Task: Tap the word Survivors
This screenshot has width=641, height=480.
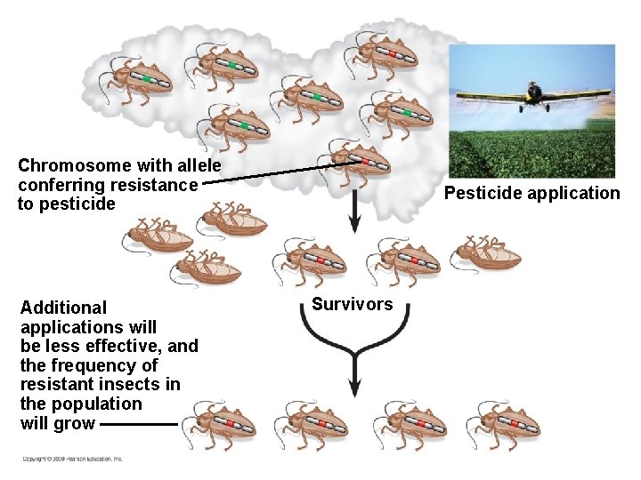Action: pos(352,305)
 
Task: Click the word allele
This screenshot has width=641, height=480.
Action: pos(200,165)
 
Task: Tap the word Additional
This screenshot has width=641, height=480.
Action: pos(63,308)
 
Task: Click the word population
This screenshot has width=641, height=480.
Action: pos(98,404)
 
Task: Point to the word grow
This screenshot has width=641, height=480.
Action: pos(75,423)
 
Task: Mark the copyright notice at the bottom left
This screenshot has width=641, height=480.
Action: pos(73,459)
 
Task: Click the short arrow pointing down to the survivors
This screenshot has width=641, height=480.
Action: pos(353,213)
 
